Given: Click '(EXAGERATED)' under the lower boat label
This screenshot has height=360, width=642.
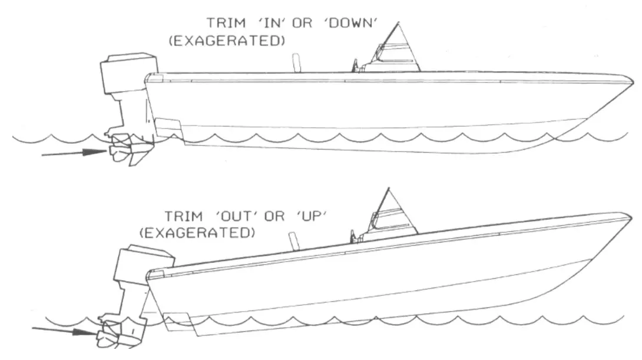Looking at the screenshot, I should tap(197, 233).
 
